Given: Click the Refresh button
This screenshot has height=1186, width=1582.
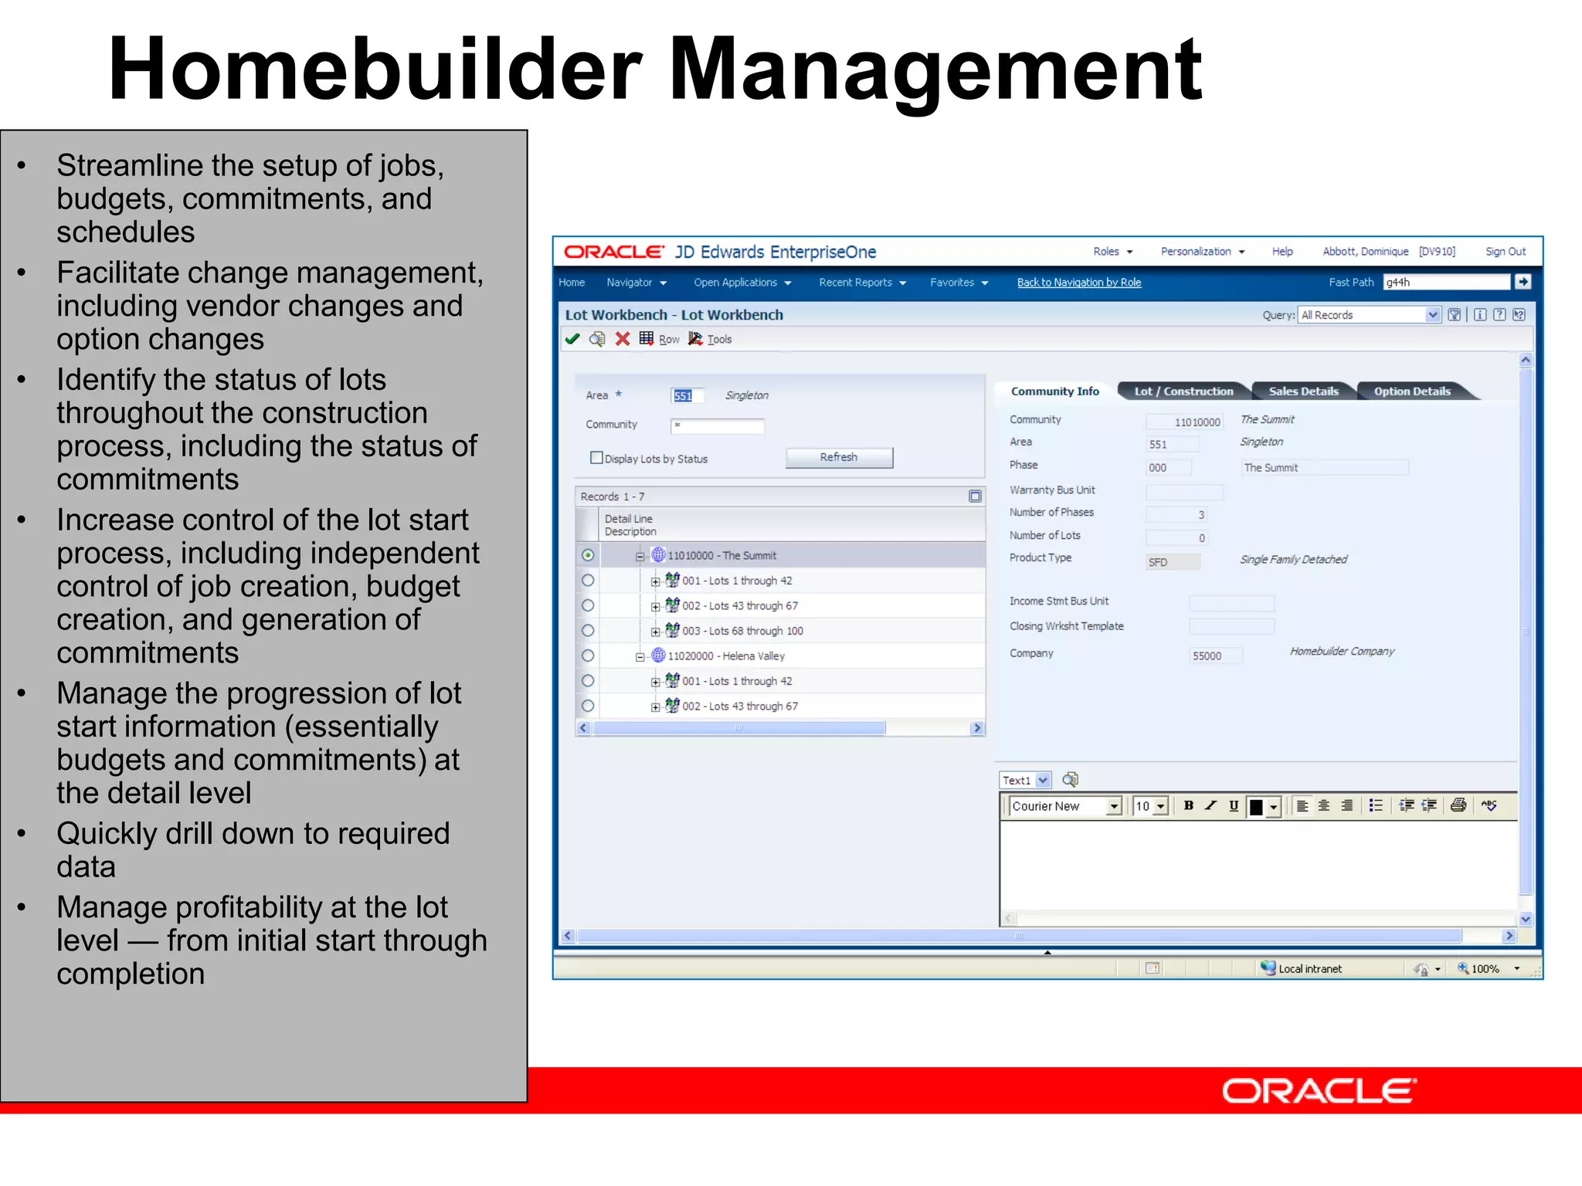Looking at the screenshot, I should tap(839, 457).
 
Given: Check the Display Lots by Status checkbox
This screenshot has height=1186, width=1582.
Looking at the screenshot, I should tap(596, 458).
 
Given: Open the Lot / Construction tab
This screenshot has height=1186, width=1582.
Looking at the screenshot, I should tap(1183, 391).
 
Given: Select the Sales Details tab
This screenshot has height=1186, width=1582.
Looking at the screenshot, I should tap(1303, 391).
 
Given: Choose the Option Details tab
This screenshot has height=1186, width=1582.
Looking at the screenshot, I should tap(1412, 391).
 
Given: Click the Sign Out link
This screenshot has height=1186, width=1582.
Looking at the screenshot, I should tap(1505, 252).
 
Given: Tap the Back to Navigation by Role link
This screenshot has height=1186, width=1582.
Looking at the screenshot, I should tap(1078, 283).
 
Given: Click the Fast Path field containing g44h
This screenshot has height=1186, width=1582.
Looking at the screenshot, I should tap(1445, 283).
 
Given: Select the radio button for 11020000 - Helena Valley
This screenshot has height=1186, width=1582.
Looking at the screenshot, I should tap(588, 656).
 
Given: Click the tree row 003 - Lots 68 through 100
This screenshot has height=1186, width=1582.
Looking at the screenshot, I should tap(742, 631).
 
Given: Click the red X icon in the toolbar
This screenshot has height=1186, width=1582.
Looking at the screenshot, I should tap(623, 339).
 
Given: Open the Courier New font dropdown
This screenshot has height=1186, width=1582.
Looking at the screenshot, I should tap(1113, 806).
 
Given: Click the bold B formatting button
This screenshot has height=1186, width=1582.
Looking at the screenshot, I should tap(1189, 805).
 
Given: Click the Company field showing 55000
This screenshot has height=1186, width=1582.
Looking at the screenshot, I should tap(1216, 656).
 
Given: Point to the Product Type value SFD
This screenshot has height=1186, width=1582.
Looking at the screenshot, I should tap(1171, 562).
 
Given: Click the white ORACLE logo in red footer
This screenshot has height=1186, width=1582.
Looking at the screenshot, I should tap(1319, 1091).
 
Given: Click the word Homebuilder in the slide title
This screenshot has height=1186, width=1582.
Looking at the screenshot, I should tap(375, 69).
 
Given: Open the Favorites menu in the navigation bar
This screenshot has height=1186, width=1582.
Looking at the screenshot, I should tap(959, 283).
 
